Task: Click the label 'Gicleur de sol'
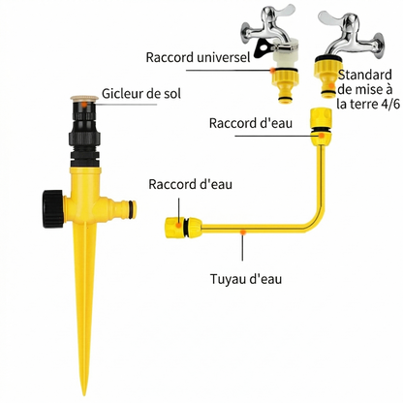(x=141, y=94)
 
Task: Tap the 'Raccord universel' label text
(x=198, y=57)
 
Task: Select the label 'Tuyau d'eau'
(x=246, y=279)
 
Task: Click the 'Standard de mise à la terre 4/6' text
(x=368, y=89)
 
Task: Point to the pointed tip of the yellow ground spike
(x=84, y=393)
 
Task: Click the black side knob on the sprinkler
(x=52, y=209)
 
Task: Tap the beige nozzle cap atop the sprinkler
(x=84, y=98)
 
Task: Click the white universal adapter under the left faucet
(x=285, y=58)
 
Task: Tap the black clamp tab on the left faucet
(x=263, y=49)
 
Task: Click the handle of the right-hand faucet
(x=338, y=18)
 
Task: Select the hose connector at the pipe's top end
(x=321, y=127)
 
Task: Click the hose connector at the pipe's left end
(x=183, y=228)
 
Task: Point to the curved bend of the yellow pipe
(x=314, y=222)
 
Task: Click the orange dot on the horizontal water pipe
(x=244, y=232)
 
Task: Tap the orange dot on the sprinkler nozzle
(x=84, y=105)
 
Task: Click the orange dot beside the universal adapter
(x=273, y=70)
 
